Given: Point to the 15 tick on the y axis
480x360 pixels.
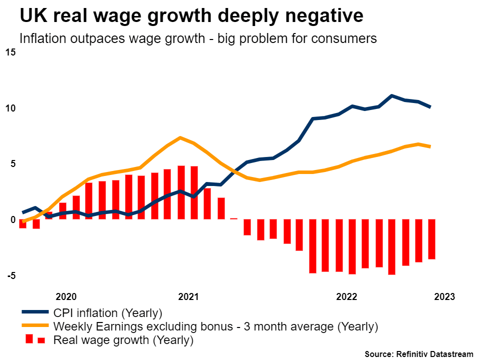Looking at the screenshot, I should [10, 52].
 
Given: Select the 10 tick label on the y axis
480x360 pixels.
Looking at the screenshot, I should [10, 108].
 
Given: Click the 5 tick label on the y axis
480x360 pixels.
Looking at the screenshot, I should [13, 164].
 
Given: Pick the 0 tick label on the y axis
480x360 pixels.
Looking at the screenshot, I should [13, 219].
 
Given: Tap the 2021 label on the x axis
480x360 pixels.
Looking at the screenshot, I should [188, 296].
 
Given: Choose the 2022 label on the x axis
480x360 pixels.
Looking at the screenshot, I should [346, 296].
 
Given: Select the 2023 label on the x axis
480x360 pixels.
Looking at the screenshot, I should [444, 296].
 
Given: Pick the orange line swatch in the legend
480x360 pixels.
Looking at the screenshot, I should [35, 326].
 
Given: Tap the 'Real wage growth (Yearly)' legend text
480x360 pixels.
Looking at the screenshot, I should [123, 340].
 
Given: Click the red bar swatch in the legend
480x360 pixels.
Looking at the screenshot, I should [35, 340].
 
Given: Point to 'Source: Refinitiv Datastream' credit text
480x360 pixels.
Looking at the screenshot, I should [418, 354].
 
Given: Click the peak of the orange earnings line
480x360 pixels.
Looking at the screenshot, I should [181, 137].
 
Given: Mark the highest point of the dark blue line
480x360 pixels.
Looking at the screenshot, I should [392, 95].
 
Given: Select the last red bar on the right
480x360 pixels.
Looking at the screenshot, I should [431, 239].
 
